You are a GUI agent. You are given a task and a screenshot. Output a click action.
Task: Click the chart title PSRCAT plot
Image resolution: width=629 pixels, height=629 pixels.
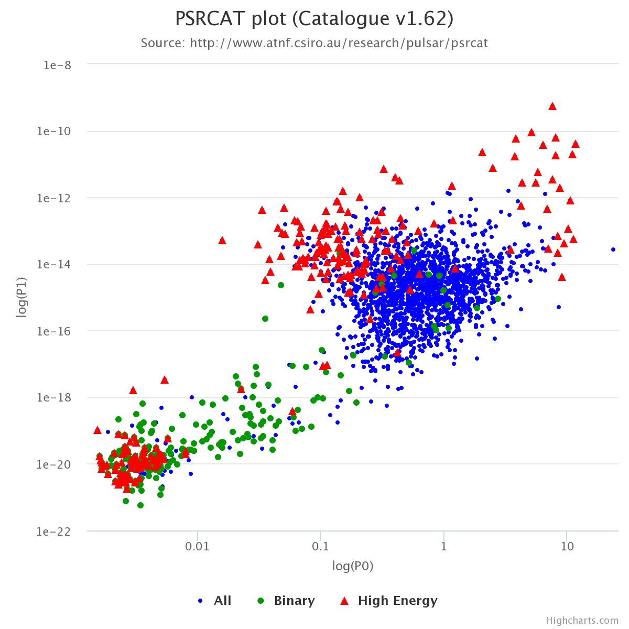[314, 19]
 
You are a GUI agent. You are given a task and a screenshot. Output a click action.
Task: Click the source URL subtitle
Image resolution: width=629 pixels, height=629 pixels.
[314, 43]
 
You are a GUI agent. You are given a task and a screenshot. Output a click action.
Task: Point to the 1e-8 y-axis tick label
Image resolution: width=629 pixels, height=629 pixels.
[58, 65]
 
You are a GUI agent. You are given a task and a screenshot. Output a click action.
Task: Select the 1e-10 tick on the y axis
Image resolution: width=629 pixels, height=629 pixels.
[56, 131]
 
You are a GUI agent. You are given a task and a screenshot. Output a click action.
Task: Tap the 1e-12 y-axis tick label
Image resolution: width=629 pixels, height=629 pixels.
[56, 198]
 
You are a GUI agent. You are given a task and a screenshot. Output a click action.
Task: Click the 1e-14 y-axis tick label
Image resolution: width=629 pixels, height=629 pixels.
[56, 264]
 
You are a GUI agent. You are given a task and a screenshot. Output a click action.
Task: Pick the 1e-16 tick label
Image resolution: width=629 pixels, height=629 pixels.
[56, 331]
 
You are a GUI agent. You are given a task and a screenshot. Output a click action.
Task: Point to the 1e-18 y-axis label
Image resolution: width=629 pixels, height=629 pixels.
[56, 397]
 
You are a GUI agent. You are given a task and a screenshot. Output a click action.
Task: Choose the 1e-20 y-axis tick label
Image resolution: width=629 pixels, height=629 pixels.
[56, 464]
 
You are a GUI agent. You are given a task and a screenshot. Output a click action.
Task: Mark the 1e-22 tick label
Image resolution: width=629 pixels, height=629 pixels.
[56, 531]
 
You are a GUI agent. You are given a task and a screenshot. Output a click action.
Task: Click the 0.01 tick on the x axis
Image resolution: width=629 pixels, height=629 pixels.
[198, 547]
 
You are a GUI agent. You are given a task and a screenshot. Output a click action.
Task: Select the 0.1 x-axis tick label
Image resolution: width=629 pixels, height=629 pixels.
[321, 547]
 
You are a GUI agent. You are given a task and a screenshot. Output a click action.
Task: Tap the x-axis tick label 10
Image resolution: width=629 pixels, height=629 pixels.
[567, 547]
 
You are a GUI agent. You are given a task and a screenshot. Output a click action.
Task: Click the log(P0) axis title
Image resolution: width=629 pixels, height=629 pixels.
[353, 566]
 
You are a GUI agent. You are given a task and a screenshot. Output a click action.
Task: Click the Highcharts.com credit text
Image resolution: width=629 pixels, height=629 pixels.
[582, 621]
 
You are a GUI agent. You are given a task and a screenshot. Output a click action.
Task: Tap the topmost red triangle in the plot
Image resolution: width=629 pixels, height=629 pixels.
[552, 106]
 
